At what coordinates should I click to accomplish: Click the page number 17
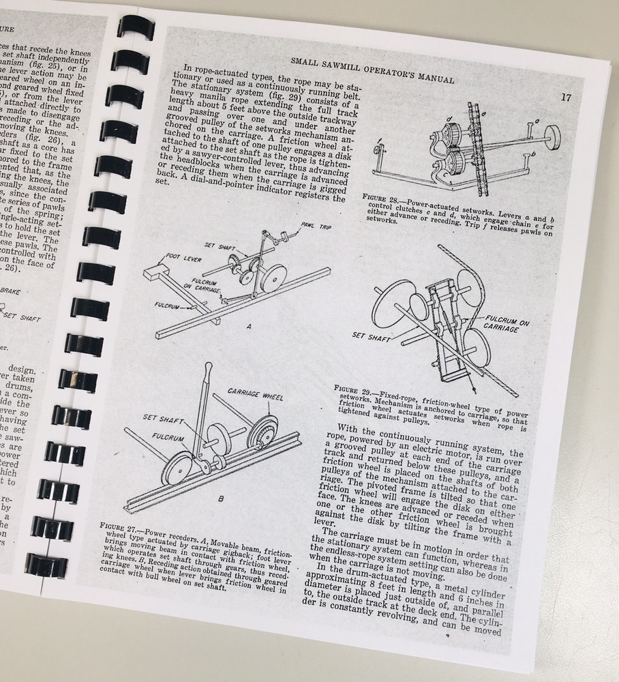(x=566, y=97)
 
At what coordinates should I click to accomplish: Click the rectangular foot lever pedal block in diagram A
(x=161, y=280)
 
